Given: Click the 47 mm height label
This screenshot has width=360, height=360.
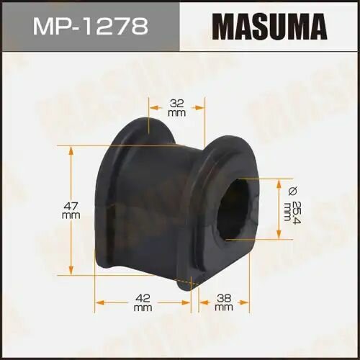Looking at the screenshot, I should point(71,209).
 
